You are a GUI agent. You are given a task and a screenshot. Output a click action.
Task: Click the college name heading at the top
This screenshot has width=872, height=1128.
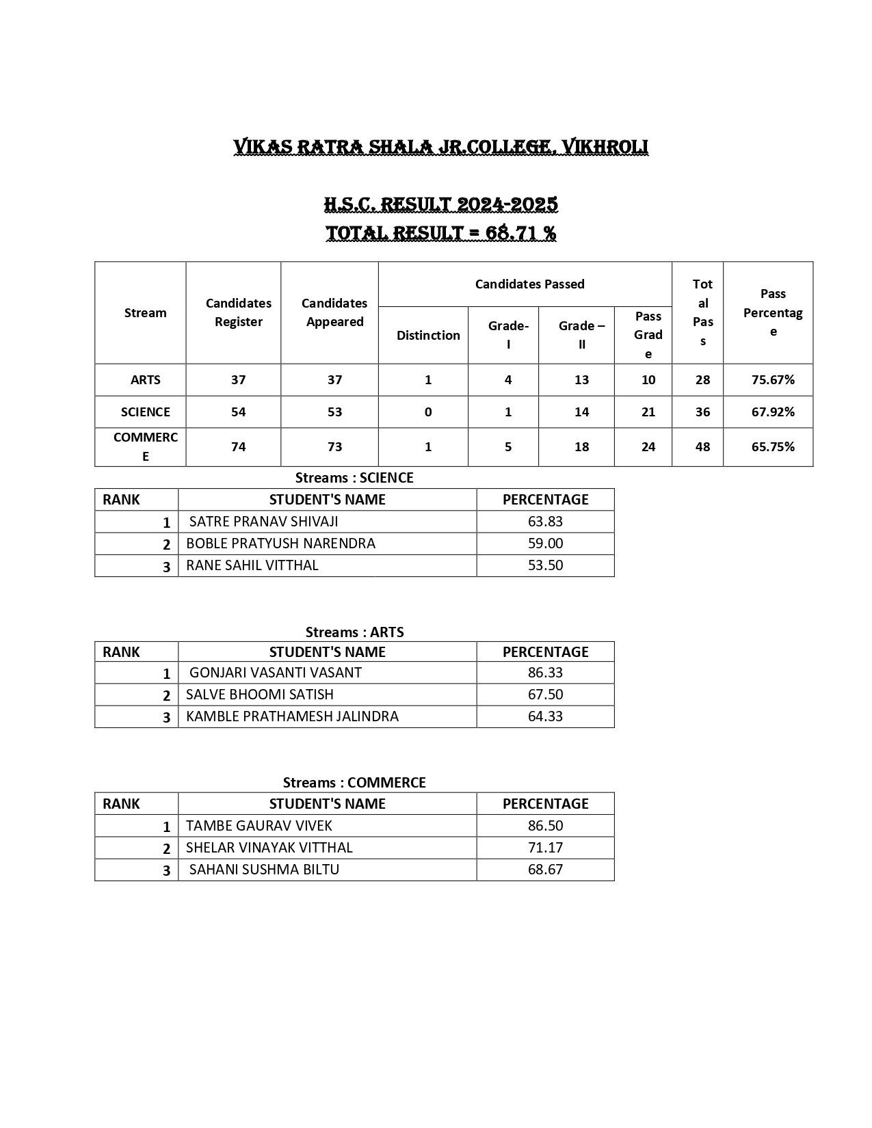(440, 147)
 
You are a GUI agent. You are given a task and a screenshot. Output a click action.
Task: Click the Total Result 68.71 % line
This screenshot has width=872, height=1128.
(440, 233)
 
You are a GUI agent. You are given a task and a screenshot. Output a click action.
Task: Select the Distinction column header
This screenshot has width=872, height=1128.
(428, 335)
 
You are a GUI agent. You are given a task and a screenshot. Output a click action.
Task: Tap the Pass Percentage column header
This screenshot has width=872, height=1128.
(773, 312)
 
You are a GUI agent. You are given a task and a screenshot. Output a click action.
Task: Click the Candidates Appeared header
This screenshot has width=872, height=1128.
(334, 312)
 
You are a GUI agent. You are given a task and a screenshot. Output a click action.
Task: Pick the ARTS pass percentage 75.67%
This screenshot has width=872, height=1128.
(773, 380)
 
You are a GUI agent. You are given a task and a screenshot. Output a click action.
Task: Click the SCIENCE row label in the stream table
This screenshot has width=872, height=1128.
(145, 412)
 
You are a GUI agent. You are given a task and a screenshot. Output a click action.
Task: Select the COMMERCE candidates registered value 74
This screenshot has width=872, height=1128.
(238, 447)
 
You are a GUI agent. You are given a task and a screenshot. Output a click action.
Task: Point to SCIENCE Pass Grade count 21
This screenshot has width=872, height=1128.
(648, 412)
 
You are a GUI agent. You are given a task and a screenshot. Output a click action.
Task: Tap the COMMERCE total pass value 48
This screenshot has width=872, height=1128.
(702, 447)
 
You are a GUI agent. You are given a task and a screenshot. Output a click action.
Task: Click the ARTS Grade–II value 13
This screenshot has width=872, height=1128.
(581, 380)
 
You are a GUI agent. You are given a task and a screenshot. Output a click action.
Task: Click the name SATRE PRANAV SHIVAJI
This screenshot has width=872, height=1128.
(263, 522)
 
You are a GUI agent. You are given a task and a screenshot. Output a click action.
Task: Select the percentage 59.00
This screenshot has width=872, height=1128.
(545, 543)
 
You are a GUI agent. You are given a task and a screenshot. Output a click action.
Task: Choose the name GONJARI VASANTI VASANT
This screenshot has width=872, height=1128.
(275, 673)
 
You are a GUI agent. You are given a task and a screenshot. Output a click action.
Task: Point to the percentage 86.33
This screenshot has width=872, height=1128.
(545, 673)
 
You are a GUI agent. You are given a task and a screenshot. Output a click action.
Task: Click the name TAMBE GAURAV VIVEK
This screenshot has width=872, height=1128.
(259, 826)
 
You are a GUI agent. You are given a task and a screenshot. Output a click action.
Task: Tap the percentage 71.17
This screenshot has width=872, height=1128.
(545, 848)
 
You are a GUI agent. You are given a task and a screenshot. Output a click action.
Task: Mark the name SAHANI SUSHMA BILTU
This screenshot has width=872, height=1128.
(264, 870)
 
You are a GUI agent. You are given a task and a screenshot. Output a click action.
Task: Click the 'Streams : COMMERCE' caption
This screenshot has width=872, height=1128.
(354, 783)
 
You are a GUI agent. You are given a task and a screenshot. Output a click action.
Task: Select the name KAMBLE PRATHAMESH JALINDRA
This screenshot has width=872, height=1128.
(292, 716)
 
